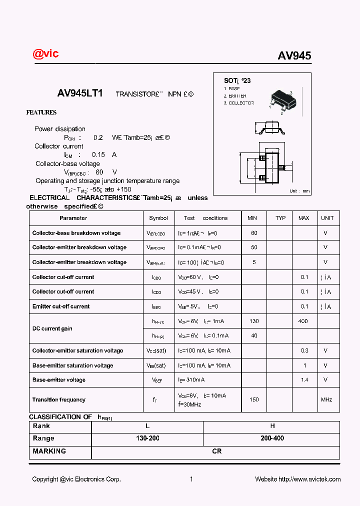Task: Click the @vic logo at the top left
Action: [x=45, y=53]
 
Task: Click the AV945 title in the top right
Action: [x=294, y=56]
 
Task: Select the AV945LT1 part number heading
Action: [x=80, y=93]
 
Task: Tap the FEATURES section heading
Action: [x=41, y=112]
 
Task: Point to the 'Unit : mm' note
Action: [x=299, y=191]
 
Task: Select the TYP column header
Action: [x=280, y=218]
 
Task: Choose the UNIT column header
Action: [x=327, y=218]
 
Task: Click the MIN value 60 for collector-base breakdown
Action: [x=254, y=233]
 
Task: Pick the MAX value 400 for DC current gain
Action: [x=303, y=321]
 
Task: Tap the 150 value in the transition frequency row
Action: [x=254, y=399]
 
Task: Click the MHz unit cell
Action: [x=326, y=399]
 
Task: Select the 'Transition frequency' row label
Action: [x=59, y=399]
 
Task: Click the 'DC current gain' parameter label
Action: [x=52, y=328]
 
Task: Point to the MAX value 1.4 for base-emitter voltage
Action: [x=304, y=380]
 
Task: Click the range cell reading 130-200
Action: [x=147, y=438]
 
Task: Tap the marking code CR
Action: [x=216, y=451]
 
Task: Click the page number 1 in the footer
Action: [x=191, y=479]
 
